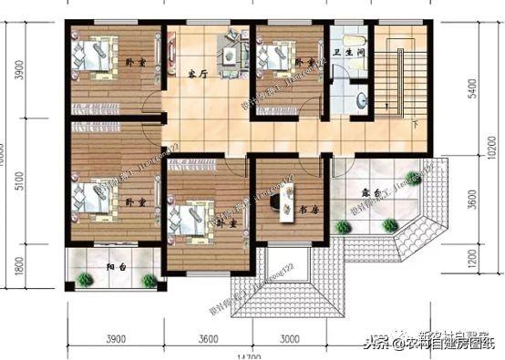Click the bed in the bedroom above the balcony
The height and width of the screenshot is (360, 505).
click(x=91, y=195)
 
